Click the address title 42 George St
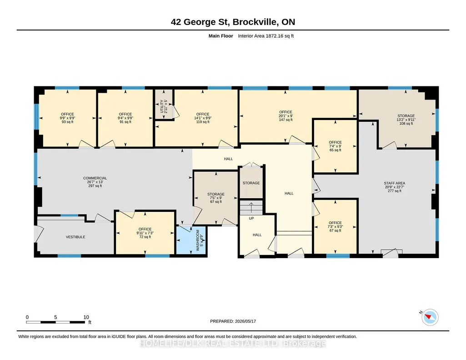(200, 22)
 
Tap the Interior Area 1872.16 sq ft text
(266, 36)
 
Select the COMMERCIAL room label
(95, 178)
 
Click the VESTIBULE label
(75, 237)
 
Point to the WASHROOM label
(198, 240)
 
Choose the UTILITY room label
(162, 106)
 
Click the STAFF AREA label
(394, 183)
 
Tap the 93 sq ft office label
(67, 122)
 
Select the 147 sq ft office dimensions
(286, 116)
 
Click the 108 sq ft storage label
(406, 124)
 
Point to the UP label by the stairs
(251, 218)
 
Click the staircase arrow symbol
(251, 208)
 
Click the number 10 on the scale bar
(86, 317)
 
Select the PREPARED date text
(233, 321)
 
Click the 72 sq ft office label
(145, 237)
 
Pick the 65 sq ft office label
(335, 150)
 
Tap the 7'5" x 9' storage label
(216, 198)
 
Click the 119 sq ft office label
(203, 122)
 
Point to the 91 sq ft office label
(125, 122)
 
